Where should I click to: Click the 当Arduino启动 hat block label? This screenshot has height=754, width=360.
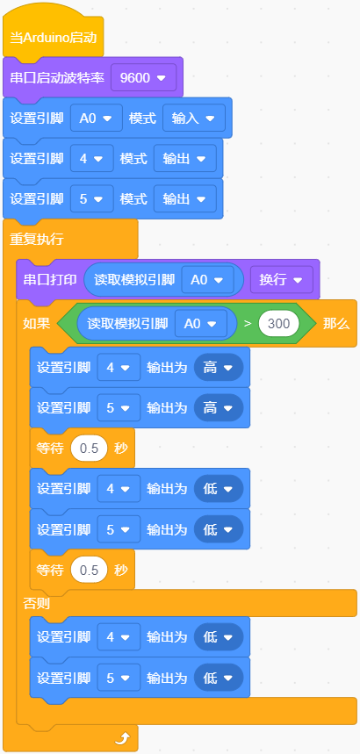[54, 38]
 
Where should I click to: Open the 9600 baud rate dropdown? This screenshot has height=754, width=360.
[143, 78]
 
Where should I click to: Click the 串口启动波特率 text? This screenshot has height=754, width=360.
[57, 78]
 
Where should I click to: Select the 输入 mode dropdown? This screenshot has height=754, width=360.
[193, 118]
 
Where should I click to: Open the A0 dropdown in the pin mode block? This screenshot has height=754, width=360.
[97, 118]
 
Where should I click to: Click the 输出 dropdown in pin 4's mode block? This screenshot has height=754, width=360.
[184, 159]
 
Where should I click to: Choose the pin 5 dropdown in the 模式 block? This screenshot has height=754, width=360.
[92, 199]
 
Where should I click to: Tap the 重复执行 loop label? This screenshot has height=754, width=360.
[37, 240]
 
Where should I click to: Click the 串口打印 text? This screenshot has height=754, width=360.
[50, 280]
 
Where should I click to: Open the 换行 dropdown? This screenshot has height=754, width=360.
[282, 280]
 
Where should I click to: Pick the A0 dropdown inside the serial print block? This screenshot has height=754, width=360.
[207, 280]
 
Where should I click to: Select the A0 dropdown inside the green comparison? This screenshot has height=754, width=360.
[201, 324]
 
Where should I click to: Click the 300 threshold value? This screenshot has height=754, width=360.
[279, 324]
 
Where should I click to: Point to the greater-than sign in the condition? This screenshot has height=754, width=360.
[248, 324]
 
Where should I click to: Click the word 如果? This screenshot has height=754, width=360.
[37, 324]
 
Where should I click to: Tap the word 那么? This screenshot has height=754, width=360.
[336, 324]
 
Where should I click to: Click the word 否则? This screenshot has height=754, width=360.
[37, 603]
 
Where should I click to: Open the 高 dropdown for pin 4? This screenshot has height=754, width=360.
[219, 368]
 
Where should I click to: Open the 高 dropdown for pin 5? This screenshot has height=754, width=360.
[219, 408]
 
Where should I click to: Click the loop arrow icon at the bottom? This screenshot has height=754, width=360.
[122, 738]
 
